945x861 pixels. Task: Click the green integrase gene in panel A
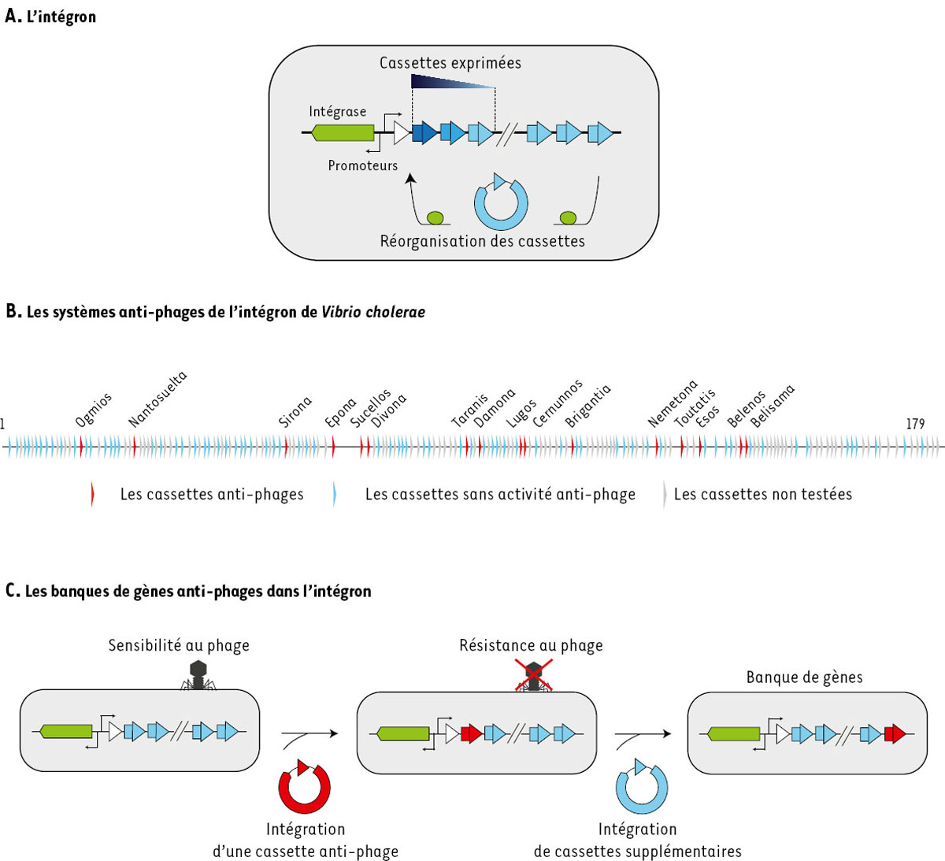click(x=343, y=132)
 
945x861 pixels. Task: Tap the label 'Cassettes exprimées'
click(x=450, y=63)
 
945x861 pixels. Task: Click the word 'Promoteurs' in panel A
click(x=362, y=165)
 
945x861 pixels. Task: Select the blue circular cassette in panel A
click(x=501, y=202)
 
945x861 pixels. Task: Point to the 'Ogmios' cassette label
click(x=94, y=410)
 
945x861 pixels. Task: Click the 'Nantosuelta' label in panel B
click(x=157, y=399)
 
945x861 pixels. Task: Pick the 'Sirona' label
click(x=295, y=411)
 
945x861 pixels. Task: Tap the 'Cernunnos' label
click(x=558, y=403)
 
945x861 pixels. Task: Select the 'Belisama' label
click(x=773, y=406)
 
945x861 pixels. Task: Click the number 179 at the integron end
click(x=915, y=424)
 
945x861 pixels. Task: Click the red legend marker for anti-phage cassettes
click(x=92, y=494)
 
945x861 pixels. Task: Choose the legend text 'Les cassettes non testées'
click(x=762, y=494)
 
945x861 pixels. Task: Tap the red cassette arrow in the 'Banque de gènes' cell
click(x=894, y=734)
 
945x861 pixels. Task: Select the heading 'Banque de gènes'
click(x=804, y=677)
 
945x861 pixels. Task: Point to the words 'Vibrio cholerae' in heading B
click(x=372, y=312)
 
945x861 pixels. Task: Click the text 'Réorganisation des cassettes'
click(x=482, y=241)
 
